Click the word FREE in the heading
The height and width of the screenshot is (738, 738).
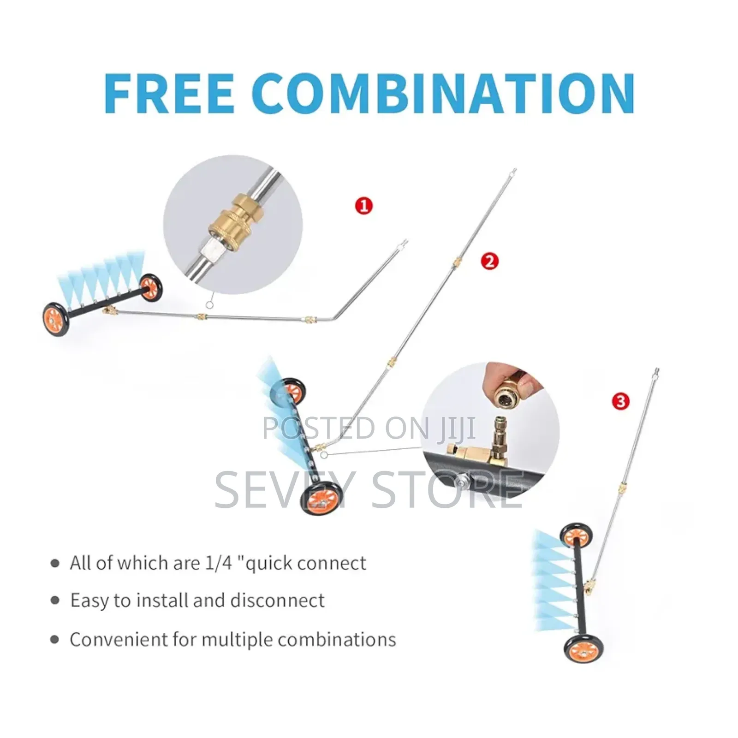pyautogui.click(x=169, y=93)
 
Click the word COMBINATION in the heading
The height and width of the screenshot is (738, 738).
pyautogui.click(x=443, y=93)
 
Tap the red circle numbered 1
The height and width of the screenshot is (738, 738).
pyautogui.click(x=364, y=206)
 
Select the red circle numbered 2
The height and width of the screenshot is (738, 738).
pyautogui.click(x=489, y=262)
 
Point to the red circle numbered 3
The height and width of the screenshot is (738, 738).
pyautogui.click(x=620, y=401)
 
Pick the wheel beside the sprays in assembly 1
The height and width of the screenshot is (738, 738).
pyautogui.click(x=151, y=288)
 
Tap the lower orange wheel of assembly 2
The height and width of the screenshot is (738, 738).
pyautogui.click(x=321, y=498)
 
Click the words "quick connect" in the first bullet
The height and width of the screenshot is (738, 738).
pyautogui.click(x=306, y=563)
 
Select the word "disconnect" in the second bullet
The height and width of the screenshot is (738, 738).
pyautogui.click(x=278, y=600)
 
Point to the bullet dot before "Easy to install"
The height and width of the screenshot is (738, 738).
pyautogui.click(x=55, y=600)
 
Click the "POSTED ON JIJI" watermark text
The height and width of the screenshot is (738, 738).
pyautogui.click(x=369, y=428)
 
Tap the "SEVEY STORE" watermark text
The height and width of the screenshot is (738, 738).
pyautogui.click(x=369, y=490)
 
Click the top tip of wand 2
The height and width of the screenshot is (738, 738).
pyautogui.click(x=514, y=171)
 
